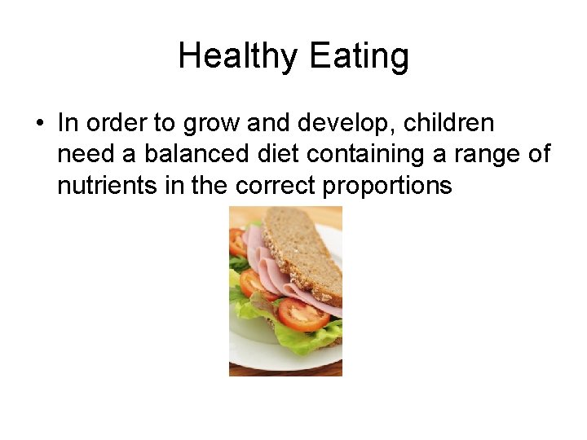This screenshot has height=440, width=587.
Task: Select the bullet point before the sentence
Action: click(x=38, y=124)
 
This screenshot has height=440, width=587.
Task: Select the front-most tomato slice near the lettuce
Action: click(x=302, y=314)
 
